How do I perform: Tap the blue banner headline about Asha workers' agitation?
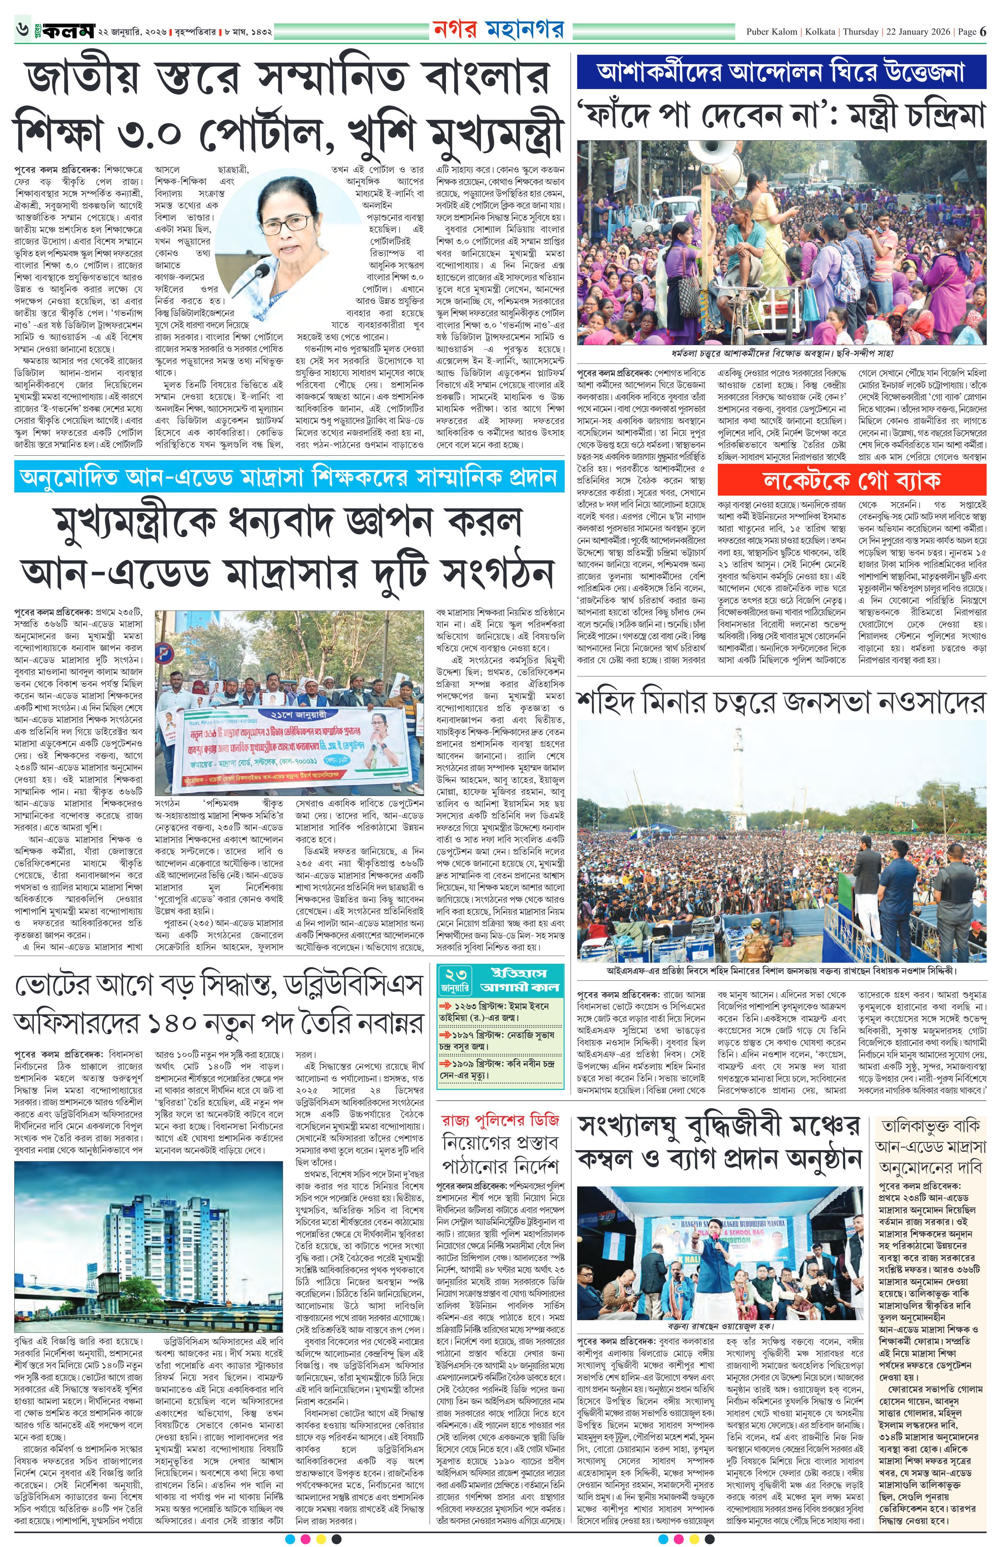click(x=780, y=71)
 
